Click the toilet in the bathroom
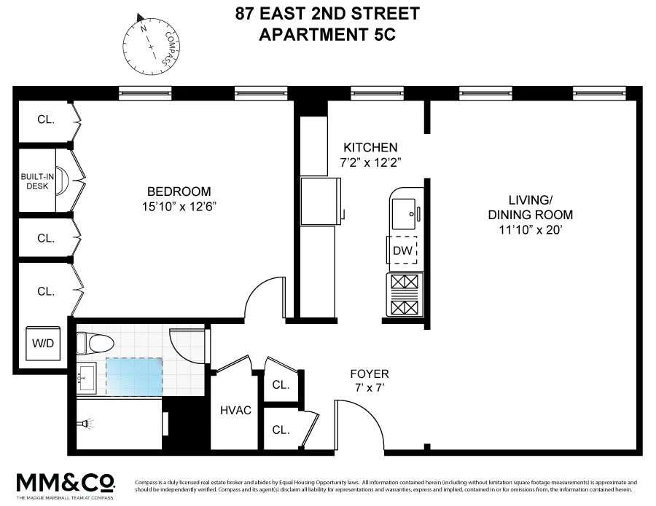point(95,342)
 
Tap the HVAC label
point(235,411)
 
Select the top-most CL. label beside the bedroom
point(45,119)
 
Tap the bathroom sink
point(87,376)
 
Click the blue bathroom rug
point(135,376)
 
